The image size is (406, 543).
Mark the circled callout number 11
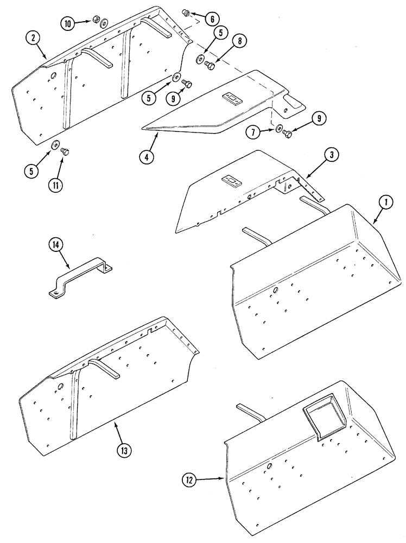point(55,185)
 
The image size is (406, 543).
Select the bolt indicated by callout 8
point(210,66)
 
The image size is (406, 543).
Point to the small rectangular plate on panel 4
point(233,99)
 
